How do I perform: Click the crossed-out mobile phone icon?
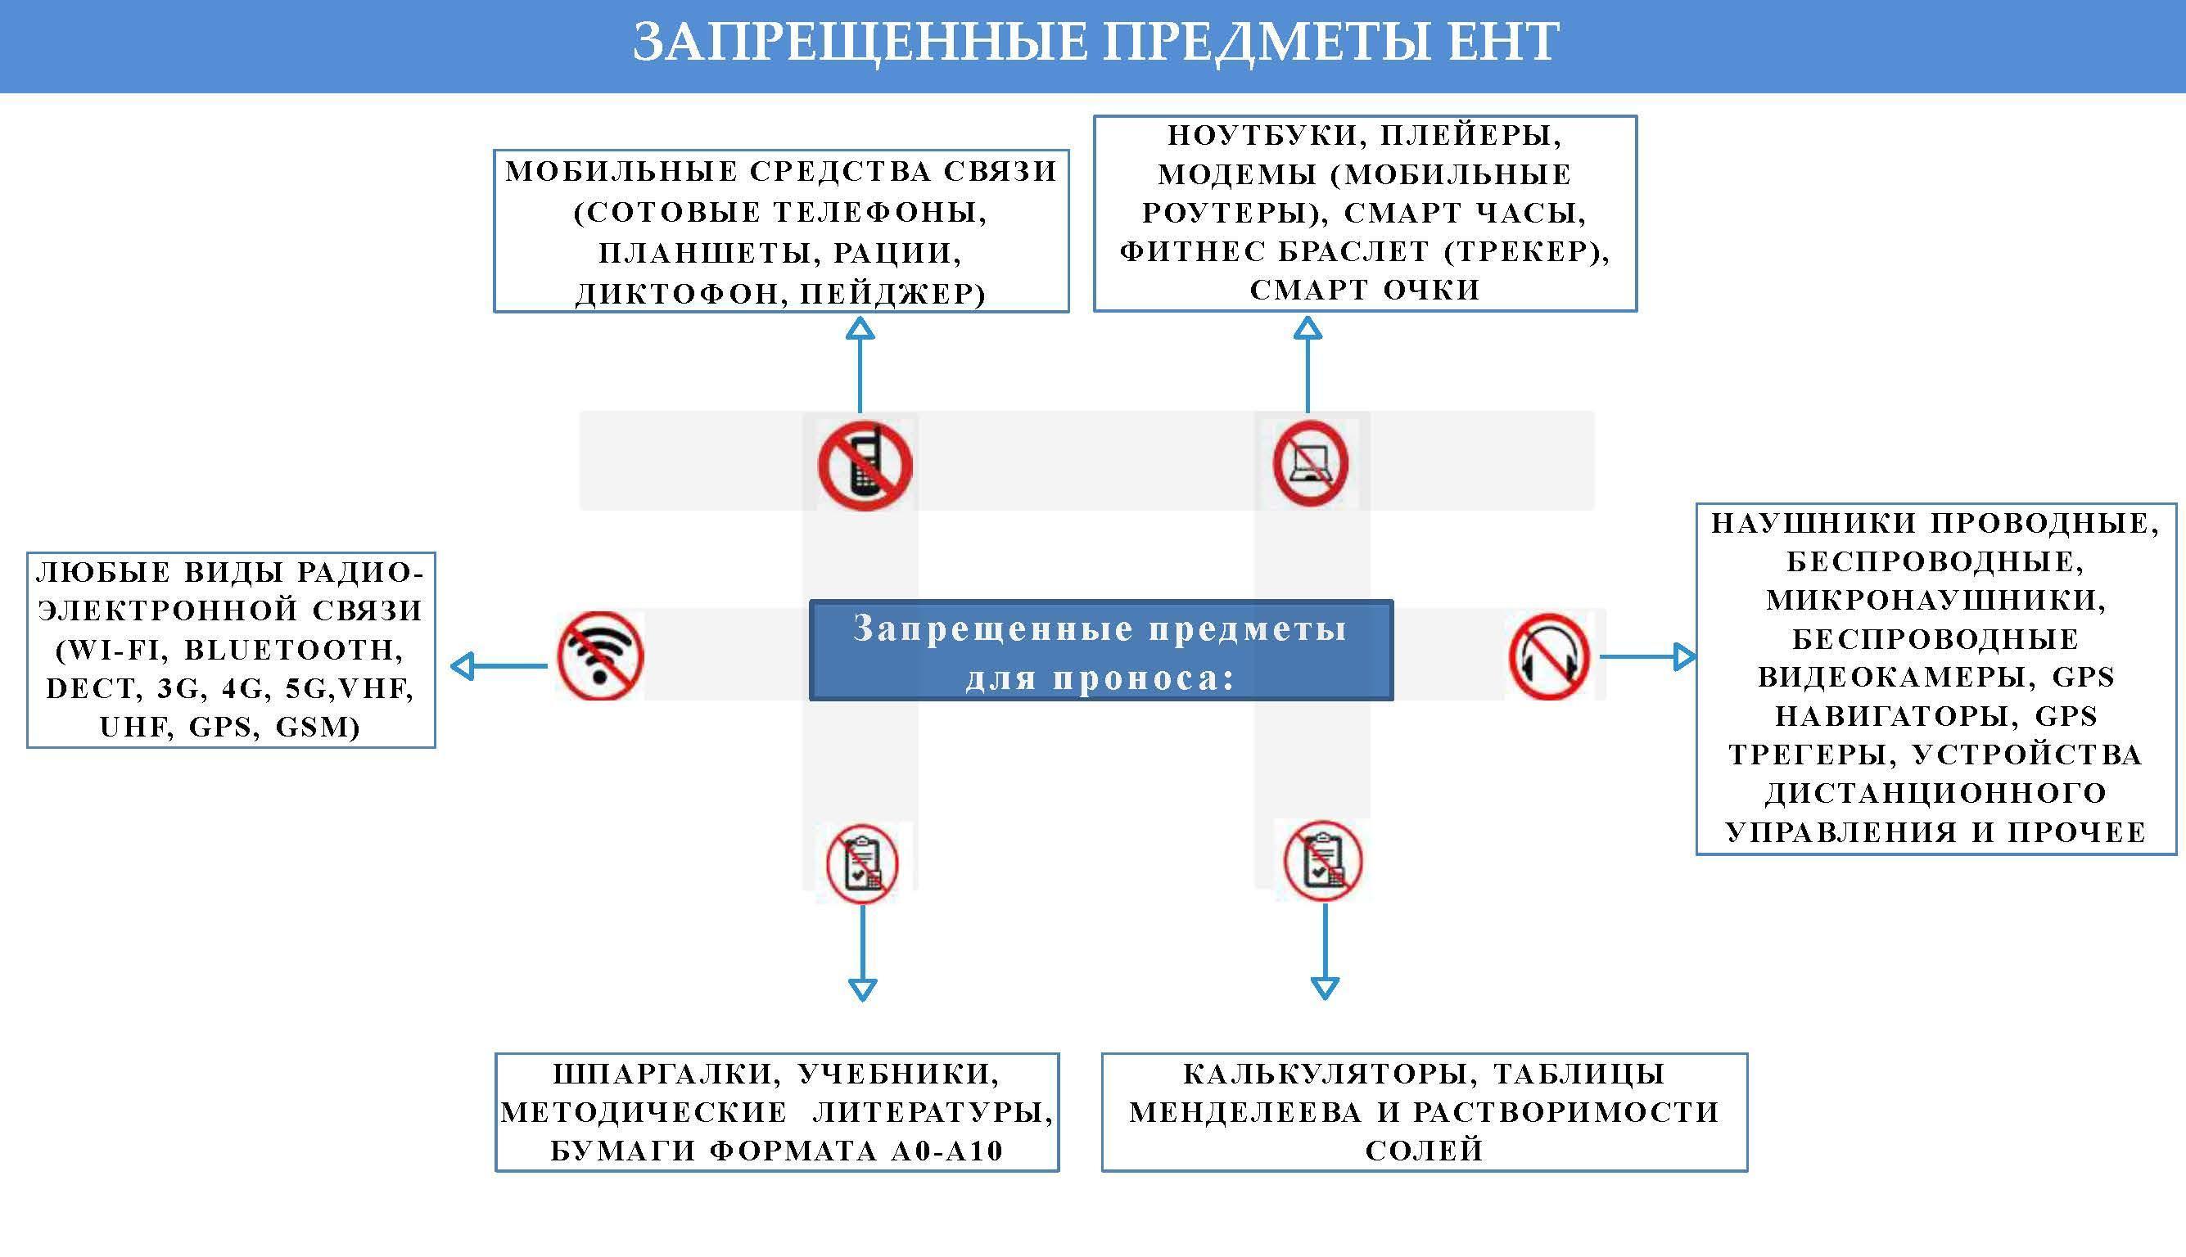click(x=865, y=466)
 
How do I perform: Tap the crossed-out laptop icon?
click(x=1310, y=464)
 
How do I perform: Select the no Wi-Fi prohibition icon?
click(x=600, y=656)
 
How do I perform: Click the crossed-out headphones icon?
click(x=1548, y=656)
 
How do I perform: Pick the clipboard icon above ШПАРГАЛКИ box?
click(x=862, y=864)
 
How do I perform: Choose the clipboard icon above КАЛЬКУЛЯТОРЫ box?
click(x=1322, y=861)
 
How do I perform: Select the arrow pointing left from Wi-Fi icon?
click(x=499, y=665)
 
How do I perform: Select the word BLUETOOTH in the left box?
click(x=294, y=649)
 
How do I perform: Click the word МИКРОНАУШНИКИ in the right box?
click(x=1935, y=599)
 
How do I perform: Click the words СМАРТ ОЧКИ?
click(x=1365, y=290)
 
